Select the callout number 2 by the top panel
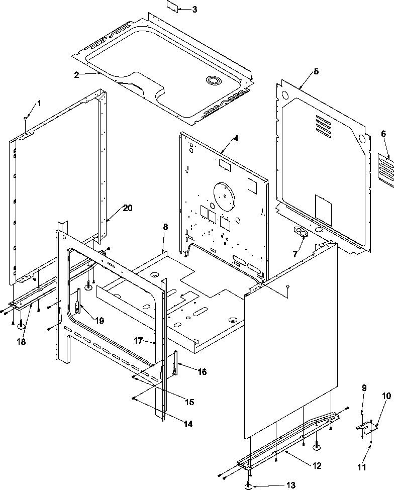pos(76,75)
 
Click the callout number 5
pos(316,71)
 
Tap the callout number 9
pos(364,387)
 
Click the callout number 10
pos(386,396)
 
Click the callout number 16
pos(202,372)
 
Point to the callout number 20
pos(128,208)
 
